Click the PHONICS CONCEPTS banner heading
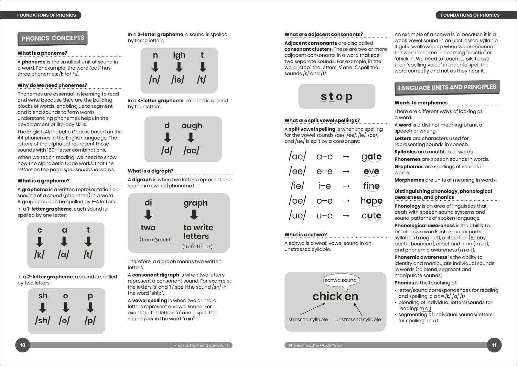53,38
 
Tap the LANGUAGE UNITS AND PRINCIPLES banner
447,87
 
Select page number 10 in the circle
23,345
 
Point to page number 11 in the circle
494,345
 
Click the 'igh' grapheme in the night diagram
179,55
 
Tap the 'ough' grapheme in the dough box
192,126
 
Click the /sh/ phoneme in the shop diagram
43,320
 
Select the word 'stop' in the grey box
337,96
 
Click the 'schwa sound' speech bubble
340,280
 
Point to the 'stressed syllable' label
308,319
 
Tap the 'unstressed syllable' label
358,319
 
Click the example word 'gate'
372,157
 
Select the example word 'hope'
372,201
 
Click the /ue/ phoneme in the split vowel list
297,215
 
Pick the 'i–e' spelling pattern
324,186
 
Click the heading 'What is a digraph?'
150,171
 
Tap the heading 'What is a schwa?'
306,235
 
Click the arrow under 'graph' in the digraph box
194,215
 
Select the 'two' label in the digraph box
148,227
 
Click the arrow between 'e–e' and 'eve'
346,171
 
